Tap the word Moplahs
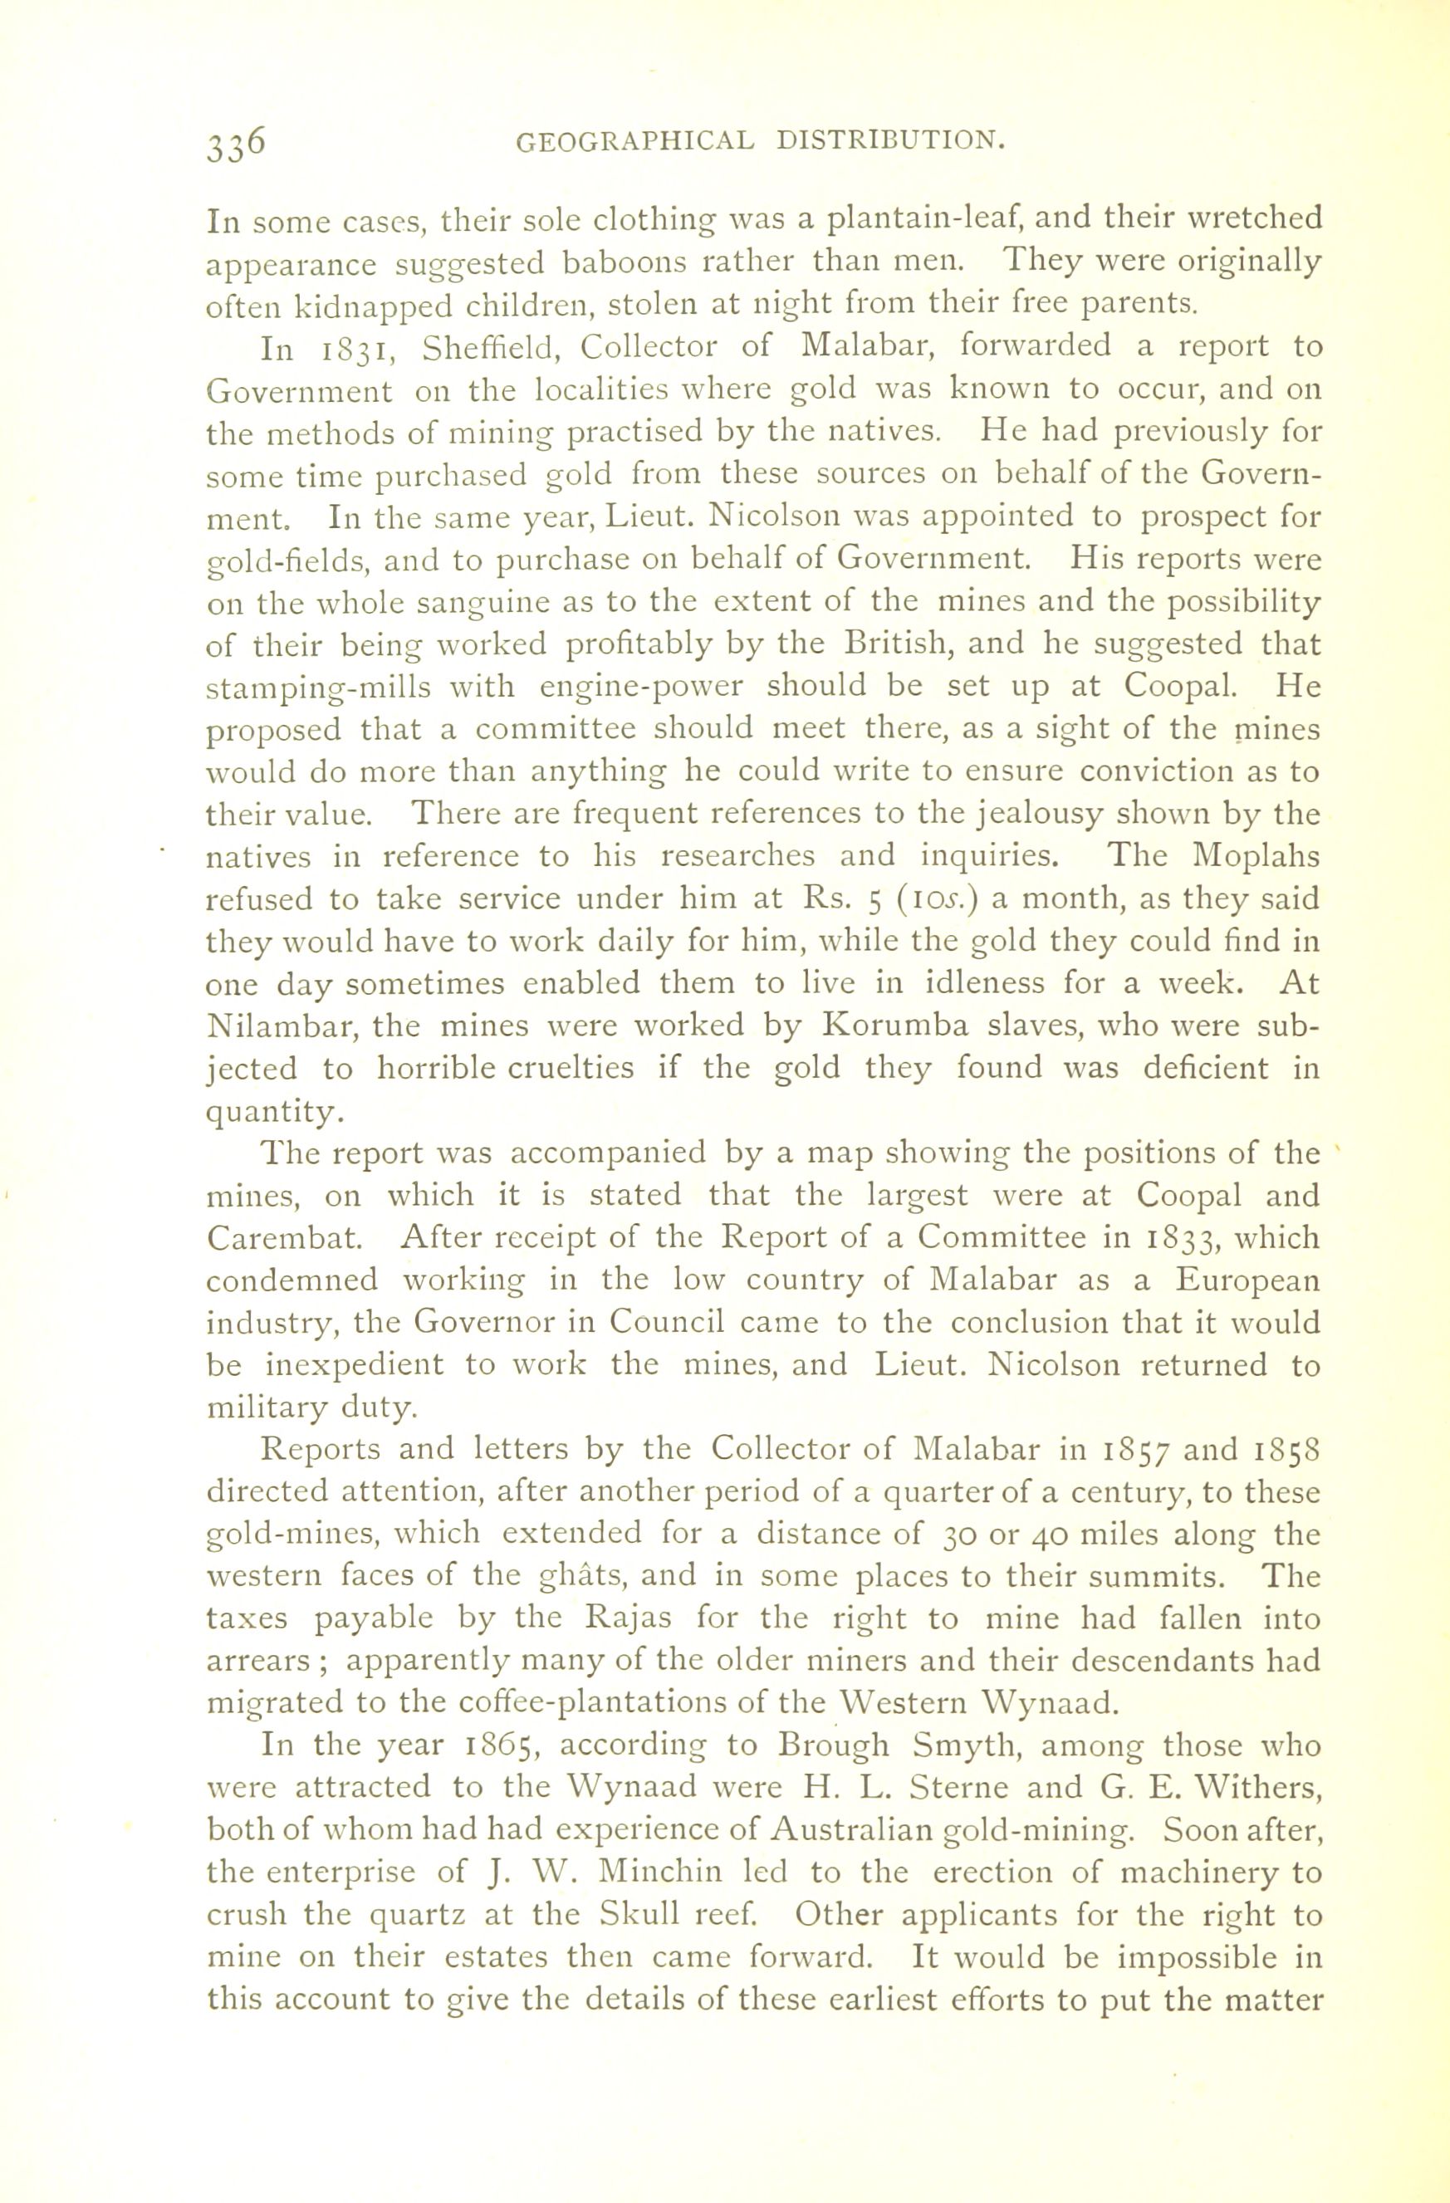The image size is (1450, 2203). (x=1256, y=855)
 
